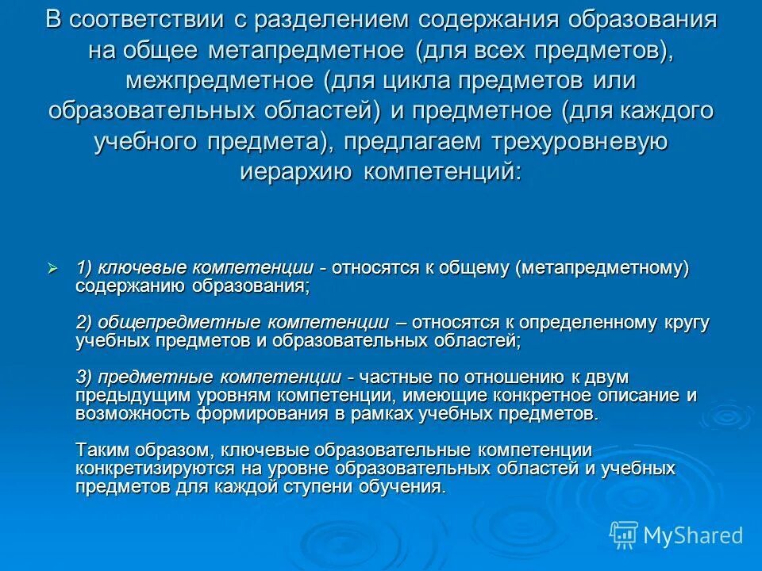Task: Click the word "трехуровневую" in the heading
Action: coord(568,141)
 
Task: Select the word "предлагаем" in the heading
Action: coord(409,141)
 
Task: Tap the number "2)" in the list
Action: coord(86,323)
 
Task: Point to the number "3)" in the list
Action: coord(86,377)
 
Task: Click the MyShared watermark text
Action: coord(692,535)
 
